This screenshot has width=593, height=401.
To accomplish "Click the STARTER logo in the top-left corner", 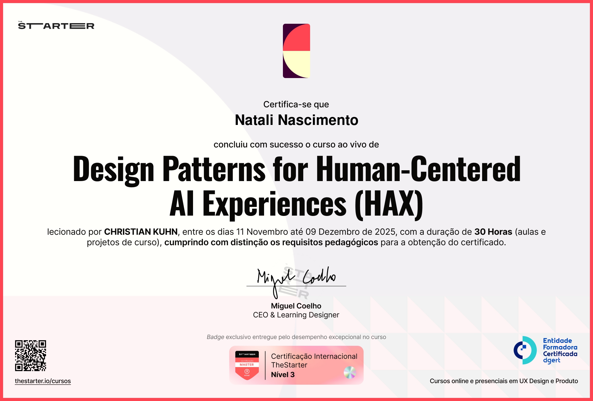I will (x=56, y=26).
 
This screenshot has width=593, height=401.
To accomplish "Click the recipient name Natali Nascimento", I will (x=296, y=120).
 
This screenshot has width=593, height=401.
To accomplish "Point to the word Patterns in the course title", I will (x=214, y=169).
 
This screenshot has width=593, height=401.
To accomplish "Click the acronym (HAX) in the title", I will (x=389, y=204).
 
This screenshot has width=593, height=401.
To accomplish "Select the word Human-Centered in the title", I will (x=418, y=169).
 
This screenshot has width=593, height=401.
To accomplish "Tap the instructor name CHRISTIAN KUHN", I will (x=141, y=232).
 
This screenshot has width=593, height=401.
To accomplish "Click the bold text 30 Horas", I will (x=493, y=232).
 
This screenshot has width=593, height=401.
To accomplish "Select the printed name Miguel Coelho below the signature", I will (x=296, y=306).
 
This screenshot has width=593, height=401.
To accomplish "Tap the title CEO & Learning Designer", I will (x=296, y=315).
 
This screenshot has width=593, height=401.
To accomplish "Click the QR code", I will (x=31, y=355).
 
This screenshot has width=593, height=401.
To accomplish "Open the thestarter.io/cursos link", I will (x=43, y=381).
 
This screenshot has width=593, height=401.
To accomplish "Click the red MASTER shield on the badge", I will (x=247, y=366).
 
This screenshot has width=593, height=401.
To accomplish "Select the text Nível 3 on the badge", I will (x=283, y=374).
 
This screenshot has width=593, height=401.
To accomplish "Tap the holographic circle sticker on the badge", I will (x=350, y=372).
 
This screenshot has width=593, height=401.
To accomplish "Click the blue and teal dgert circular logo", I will (x=525, y=350).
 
